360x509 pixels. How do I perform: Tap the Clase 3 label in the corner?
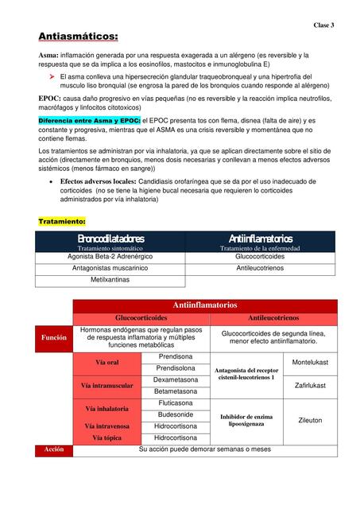pos(323,25)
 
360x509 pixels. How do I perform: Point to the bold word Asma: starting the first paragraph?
pos(48,56)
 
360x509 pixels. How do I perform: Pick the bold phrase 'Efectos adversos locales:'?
pos(103,182)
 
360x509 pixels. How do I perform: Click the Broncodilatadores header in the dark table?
pos(110,239)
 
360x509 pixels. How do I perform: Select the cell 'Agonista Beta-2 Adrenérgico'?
pos(110,257)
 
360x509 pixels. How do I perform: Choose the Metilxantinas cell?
pos(110,281)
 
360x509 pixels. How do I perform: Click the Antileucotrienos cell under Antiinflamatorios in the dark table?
pos(260,269)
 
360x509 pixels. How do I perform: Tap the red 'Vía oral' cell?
pos(106,363)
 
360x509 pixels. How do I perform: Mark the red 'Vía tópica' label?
pos(106,437)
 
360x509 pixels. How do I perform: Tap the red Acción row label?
pos(54,449)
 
